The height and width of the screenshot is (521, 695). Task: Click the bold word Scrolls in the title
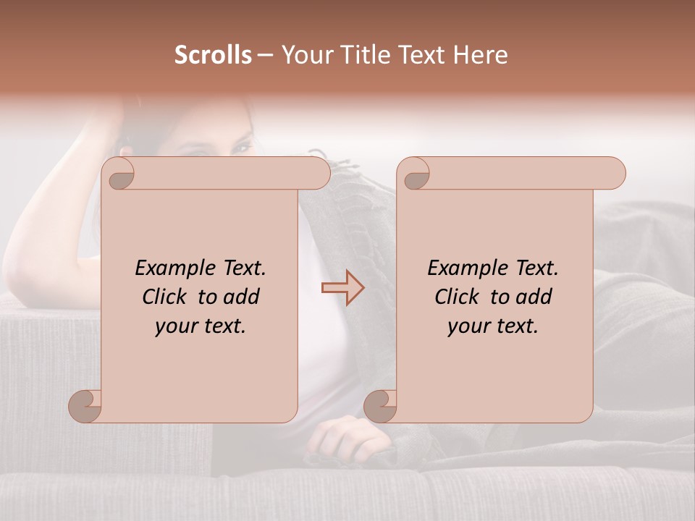click(x=213, y=55)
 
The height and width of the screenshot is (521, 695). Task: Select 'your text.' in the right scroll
click(x=493, y=326)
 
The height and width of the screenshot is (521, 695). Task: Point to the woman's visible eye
click(x=241, y=148)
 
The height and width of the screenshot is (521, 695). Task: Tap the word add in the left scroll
click(x=243, y=297)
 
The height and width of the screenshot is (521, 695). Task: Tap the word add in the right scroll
click(x=535, y=297)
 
